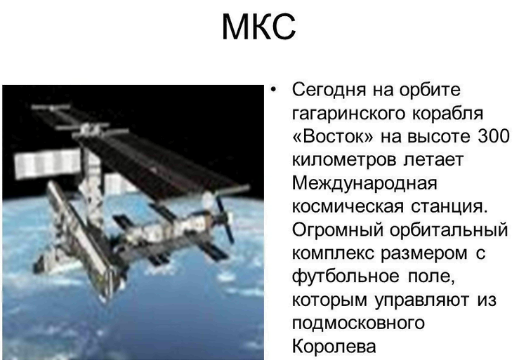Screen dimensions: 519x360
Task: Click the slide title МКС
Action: tap(258, 27)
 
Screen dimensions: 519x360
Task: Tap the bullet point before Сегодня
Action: tap(273, 90)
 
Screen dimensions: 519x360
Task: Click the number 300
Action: tap(493, 137)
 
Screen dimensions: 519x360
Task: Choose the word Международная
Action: tap(364, 184)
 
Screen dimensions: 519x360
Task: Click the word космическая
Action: tap(348, 207)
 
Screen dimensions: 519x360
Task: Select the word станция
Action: tap(449, 207)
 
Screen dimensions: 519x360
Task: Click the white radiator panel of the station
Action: tap(47, 164)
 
